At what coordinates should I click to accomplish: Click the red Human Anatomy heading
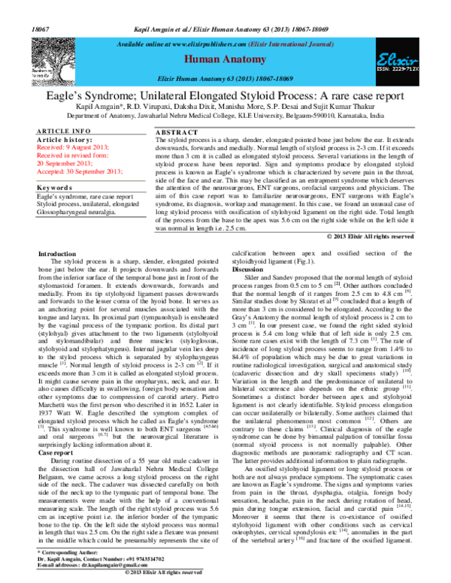(225, 58)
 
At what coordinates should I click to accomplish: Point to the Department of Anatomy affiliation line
(225, 116)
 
